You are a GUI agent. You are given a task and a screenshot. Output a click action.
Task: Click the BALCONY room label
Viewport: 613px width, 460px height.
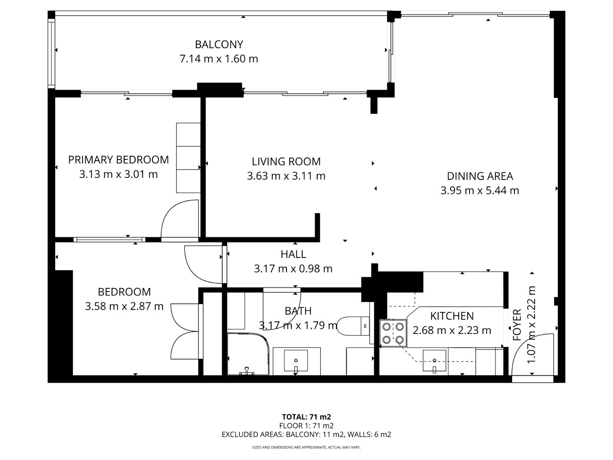(219, 44)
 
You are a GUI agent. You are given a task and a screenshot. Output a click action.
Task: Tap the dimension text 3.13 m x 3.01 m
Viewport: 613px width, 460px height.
(118, 174)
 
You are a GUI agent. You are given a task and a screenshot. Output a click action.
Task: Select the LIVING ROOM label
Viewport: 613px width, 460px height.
(286, 161)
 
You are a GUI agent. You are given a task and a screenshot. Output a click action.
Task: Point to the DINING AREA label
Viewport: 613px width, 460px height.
(480, 176)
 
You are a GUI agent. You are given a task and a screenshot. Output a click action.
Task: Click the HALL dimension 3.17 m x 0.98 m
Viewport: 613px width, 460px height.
(293, 269)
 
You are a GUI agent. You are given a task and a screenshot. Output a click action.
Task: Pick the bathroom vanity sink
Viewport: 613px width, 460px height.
(295, 361)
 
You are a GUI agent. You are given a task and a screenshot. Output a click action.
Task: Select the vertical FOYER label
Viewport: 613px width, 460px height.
(517, 325)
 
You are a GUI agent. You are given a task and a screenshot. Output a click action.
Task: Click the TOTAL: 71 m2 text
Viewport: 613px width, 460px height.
(306, 417)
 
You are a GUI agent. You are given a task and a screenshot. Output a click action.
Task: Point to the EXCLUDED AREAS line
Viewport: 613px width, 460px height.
(306, 434)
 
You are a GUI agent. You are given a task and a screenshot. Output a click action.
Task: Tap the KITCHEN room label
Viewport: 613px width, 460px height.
(452, 316)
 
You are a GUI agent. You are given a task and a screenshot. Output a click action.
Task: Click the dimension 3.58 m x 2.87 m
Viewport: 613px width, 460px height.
(124, 306)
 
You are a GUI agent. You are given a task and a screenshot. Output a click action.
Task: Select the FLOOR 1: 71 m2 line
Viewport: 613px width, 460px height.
(306, 426)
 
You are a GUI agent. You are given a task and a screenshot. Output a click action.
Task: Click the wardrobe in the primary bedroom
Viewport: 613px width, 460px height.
(188, 158)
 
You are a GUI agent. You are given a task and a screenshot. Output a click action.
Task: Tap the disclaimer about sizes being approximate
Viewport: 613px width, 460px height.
(306, 447)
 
